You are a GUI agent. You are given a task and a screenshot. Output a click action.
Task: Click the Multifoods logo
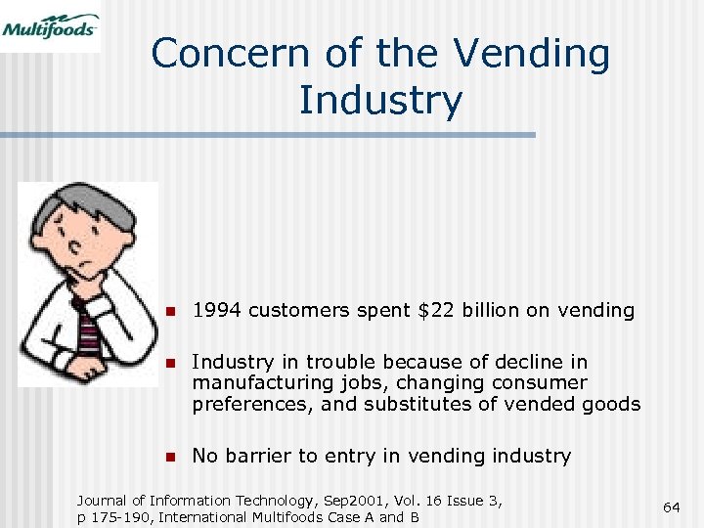[x=50, y=25]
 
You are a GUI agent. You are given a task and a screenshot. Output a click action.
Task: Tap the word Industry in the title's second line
[x=380, y=100]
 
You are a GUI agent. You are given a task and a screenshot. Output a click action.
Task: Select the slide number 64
[x=671, y=506]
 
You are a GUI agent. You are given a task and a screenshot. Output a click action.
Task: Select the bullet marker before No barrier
[x=169, y=456]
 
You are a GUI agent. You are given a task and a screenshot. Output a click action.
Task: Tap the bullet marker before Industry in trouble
[x=169, y=362]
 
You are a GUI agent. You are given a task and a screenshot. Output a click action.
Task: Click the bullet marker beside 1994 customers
[x=169, y=312]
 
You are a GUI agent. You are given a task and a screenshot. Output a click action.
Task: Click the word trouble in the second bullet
[x=330, y=362]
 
